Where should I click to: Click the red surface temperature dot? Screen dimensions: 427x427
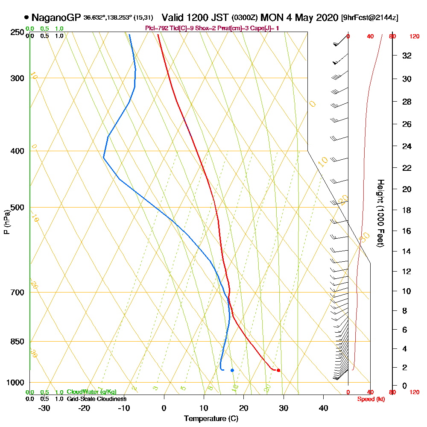(x=278, y=370)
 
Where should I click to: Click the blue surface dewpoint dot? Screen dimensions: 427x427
(x=232, y=370)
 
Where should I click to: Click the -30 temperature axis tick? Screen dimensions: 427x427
(x=44, y=408)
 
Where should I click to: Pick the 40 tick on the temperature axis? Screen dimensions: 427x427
(x=324, y=408)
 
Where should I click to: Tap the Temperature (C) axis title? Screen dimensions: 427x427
(x=211, y=419)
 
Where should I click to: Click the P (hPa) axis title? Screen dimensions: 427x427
(x=6, y=222)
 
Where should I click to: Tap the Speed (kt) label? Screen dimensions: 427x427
(x=369, y=399)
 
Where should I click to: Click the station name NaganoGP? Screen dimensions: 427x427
(x=56, y=18)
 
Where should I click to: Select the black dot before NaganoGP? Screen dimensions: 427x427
(x=27, y=18)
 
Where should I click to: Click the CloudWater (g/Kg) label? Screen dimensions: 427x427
(x=91, y=392)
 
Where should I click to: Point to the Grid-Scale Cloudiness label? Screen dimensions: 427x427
(x=96, y=399)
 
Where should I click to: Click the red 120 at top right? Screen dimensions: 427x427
(x=414, y=37)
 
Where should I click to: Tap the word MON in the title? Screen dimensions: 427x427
(x=270, y=18)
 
